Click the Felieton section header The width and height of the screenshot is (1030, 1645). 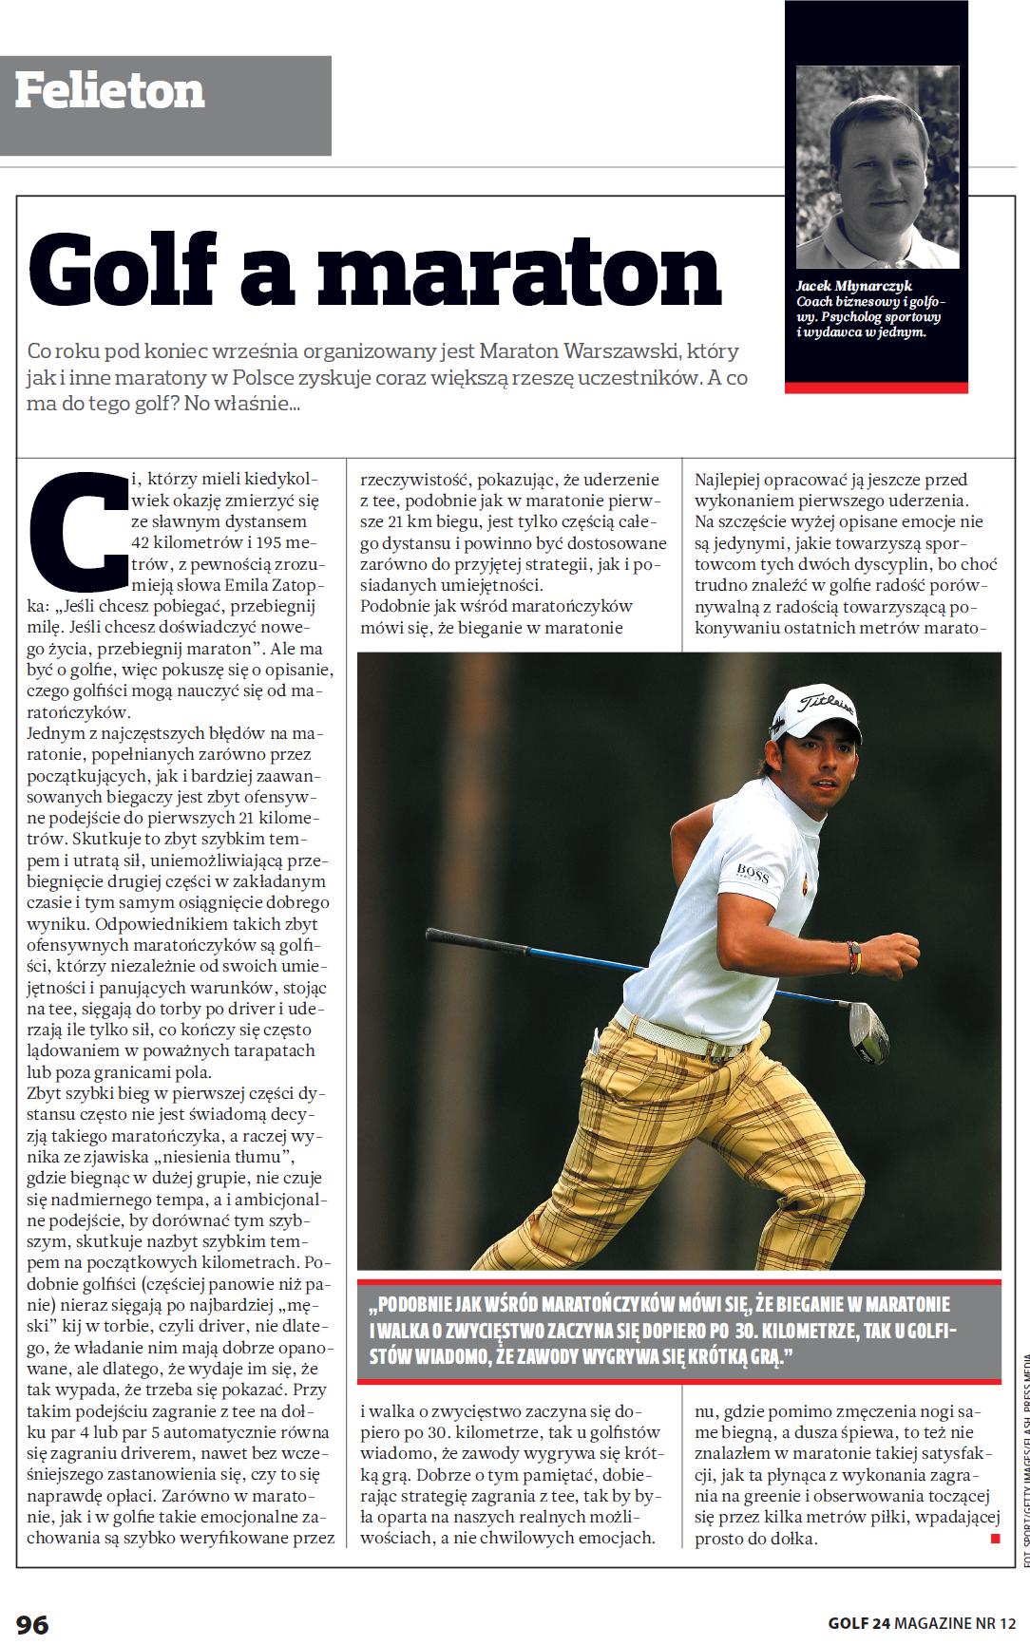(110, 91)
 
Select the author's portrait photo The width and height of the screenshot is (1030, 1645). (877, 167)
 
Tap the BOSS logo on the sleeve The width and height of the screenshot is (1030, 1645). (752, 869)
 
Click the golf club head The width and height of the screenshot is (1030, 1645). (868, 1030)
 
